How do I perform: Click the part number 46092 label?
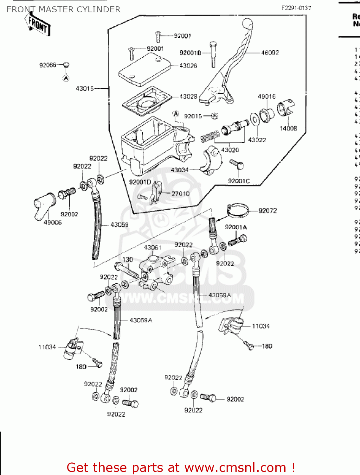[270, 53]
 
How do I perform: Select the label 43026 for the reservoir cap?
[188, 66]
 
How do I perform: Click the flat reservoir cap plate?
[144, 70]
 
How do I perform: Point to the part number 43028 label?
[188, 96]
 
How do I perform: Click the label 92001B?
[190, 53]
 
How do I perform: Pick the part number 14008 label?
[288, 128]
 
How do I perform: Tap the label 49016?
[267, 96]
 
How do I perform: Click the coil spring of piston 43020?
[210, 136]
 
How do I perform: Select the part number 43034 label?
[180, 170]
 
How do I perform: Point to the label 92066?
[48, 65]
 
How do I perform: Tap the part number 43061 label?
[152, 247]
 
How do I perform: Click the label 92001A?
[235, 227]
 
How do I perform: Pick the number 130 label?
[127, 259]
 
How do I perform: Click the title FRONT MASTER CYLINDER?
[63, 9]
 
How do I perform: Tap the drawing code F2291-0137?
[296, 8]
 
